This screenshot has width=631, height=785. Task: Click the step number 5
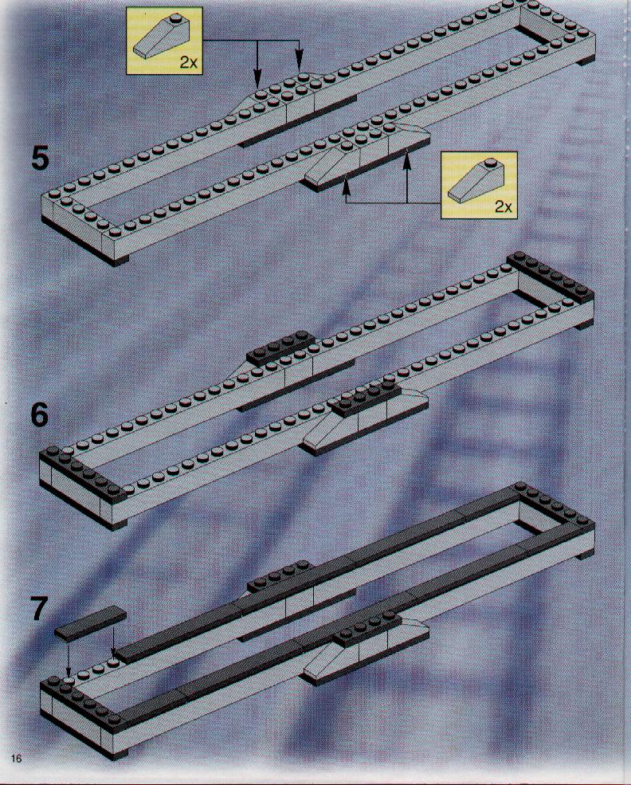pos(40,159)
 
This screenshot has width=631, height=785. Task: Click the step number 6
pos(40,415)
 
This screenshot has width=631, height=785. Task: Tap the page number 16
pos(16,759)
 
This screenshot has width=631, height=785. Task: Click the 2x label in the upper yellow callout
pos(189,63)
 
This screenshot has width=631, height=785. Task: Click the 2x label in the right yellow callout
pos(504,206)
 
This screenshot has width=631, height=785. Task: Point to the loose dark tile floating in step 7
pos(90,622)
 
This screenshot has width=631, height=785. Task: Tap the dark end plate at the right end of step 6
pos(551,277)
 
